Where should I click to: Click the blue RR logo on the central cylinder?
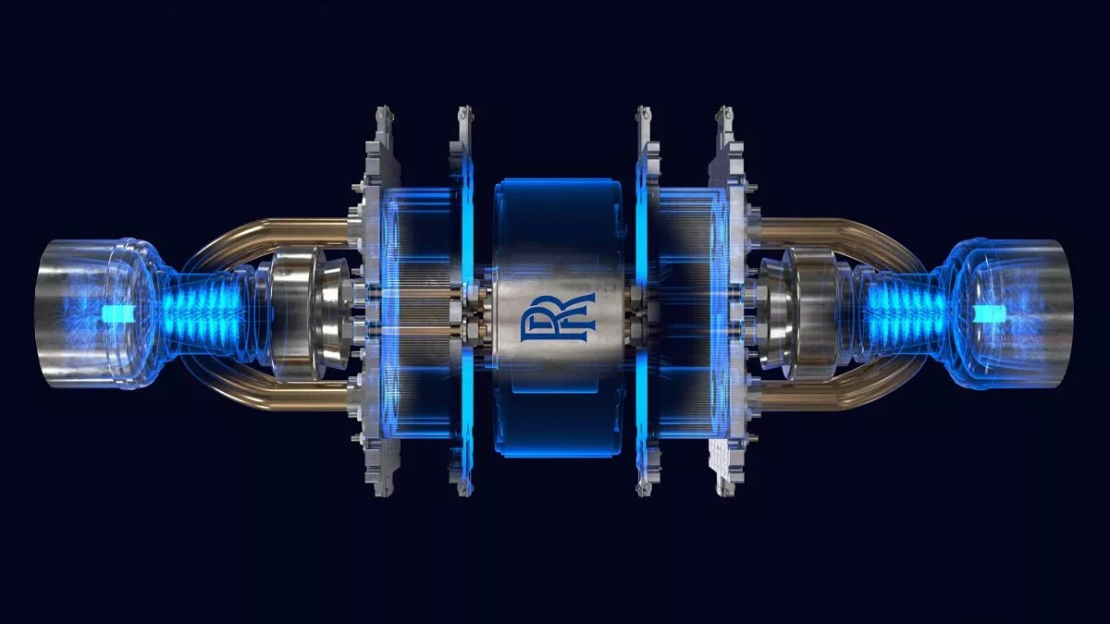[x=558, y=318]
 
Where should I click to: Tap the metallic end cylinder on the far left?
[x=80, y=313]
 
